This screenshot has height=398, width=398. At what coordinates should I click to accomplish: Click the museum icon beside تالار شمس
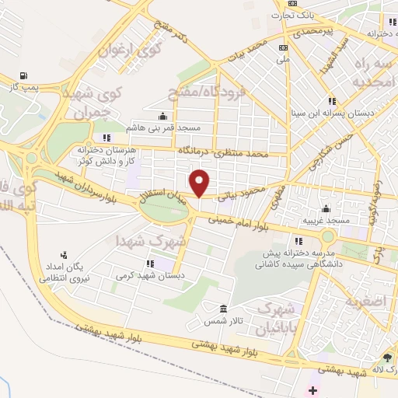pos(224,309)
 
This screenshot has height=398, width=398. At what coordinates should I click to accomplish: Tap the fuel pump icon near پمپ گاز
pos(23,76)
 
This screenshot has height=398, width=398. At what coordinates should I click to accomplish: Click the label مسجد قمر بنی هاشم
pos(162,127)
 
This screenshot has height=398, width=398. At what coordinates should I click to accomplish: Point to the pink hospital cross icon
pos(314,388)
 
